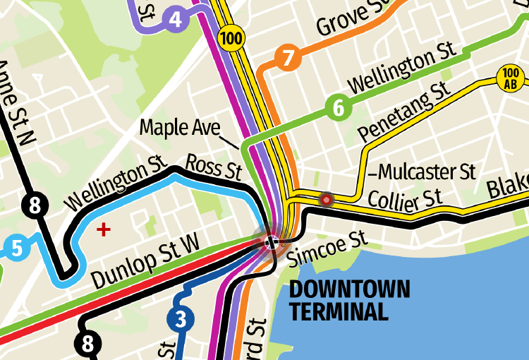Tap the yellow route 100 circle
coord(231,37)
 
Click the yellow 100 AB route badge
coord(511,78)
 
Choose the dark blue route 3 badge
coord(181,320)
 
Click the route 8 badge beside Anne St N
coord(36,206)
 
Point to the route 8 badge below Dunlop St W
coord(88,344)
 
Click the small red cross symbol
coord(104,229)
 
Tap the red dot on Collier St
coord(326,200)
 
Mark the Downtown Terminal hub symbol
coord(272,242)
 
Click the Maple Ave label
coord(181,128)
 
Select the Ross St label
coord(213,167)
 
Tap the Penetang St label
coord(403,112)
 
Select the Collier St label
coord(405,199)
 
